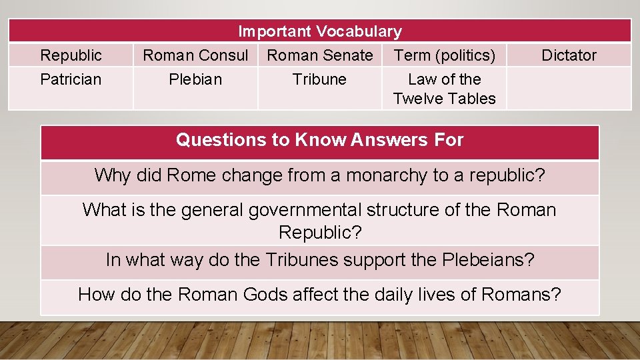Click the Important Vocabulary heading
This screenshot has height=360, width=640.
point(320,31)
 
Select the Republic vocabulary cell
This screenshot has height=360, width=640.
point(71,55)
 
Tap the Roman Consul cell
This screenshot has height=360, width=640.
point(195,55)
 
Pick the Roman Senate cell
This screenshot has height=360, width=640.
point(320,55)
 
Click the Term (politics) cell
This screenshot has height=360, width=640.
point(445,55)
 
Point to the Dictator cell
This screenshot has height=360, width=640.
point(569,55)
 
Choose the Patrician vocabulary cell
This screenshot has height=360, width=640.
point(71,79)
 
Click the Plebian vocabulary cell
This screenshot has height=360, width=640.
point(195,79)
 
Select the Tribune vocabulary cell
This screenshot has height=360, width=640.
point(320,79)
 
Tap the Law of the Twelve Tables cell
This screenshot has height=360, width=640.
point(445,89)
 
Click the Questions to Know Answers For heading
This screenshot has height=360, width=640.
point(320,140)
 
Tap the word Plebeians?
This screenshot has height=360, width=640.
point(488,260)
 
